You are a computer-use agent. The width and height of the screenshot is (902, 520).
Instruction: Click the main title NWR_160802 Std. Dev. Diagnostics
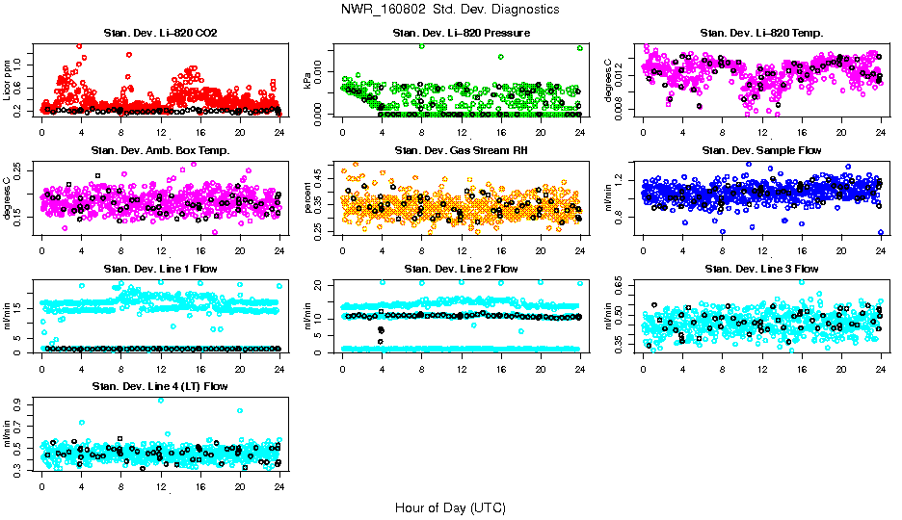[x=450, y=10]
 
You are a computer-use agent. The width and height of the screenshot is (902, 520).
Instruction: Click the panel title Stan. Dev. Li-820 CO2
[x=160, y=33]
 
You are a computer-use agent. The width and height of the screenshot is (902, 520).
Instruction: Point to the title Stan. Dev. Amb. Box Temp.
[x=160, y=150]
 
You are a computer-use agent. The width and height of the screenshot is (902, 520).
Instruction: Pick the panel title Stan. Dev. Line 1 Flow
[x=160, y=269]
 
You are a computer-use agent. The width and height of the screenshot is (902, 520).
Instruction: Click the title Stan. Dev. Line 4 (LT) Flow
[x=160, y=386]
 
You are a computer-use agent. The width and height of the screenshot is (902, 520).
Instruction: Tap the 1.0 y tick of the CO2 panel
[x=22, y=65]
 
